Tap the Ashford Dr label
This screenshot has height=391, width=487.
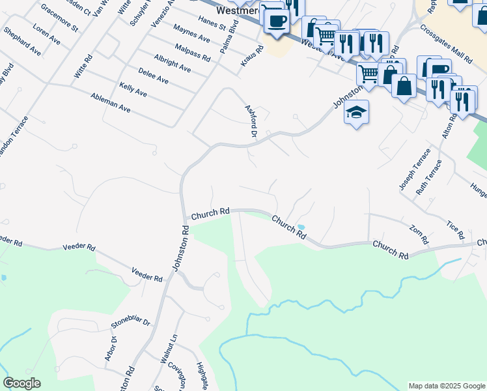249,120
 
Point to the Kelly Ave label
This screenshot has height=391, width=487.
133,90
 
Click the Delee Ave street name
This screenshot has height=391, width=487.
153,76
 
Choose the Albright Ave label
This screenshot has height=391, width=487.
173,63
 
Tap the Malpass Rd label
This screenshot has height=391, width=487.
193,52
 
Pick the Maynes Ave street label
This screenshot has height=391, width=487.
191,33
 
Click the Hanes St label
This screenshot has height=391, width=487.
212,25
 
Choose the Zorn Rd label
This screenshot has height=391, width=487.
419,235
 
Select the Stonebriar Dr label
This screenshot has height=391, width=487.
130,322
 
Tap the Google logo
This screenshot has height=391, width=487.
21,383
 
